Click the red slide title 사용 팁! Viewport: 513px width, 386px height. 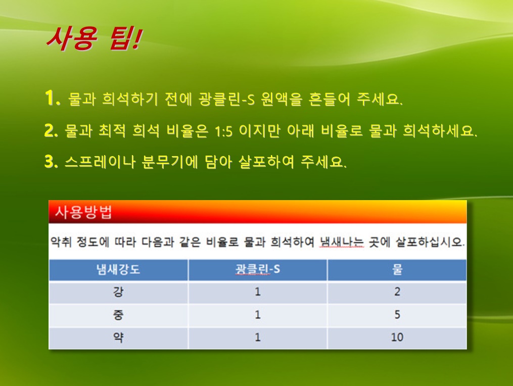click(x=95, y=39)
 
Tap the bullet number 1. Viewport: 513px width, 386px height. click(x=53, y=98)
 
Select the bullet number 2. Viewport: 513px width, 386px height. click(x=52, y=130)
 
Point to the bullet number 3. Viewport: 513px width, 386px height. click(x=52, y=161)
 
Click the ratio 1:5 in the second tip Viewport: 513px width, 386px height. click(x=223, y=131)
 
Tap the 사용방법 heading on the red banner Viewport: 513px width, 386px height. click(x=84, y=212)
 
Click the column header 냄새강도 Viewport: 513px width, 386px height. click(x=118, y=270)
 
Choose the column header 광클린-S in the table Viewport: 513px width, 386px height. click(x=257, y=269)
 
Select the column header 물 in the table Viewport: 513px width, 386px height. click(x=397, y=270)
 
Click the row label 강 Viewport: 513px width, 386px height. click(x=118, y=292)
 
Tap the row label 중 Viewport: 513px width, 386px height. click(x=118, y=315)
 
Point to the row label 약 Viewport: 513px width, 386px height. click(x=118, y=337)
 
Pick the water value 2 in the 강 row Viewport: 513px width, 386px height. click(x=397, y=292)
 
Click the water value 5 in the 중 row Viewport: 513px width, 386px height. click(x=397, y=315)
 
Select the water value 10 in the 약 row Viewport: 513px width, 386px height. click(x=397, y=337)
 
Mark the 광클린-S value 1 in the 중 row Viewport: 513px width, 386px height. click(x=258, y=315)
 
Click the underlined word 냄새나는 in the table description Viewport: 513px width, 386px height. click(x=342, y=242)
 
